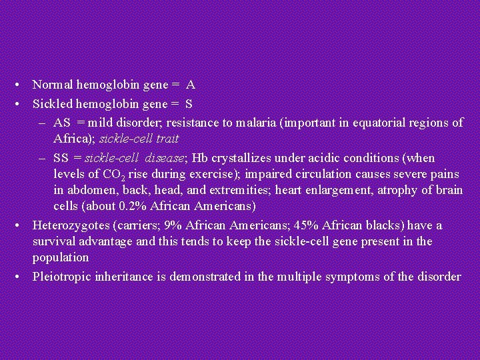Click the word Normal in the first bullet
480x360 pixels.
53,85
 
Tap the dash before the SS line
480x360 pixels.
42,158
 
